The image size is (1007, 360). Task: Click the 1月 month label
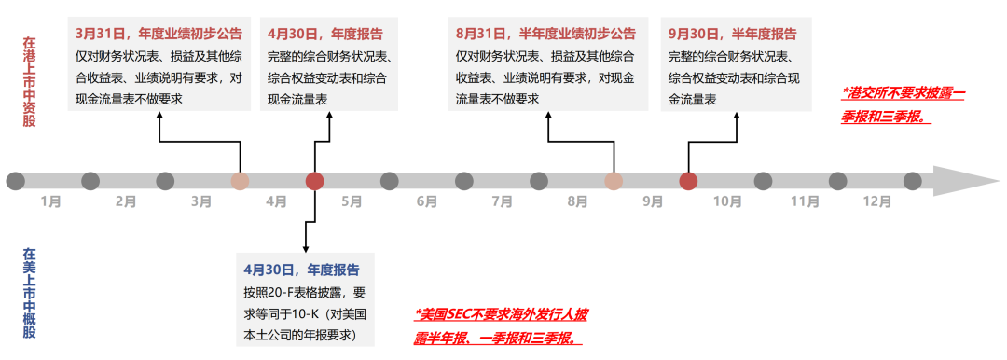click(51, 201)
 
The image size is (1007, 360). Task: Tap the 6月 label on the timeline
click(427, 201)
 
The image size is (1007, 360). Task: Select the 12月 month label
click(876, 201)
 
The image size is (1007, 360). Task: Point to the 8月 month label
click(577, 201)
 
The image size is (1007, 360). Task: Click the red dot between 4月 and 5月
click(315, 181)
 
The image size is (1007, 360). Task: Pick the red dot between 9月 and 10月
click(688, 181)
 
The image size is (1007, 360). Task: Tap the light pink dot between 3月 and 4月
click(240, 181)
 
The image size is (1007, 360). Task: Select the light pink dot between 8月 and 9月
click(614, 181)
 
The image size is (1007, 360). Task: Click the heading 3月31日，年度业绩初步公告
click(159, 34)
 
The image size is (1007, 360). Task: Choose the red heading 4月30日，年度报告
click(324, 34)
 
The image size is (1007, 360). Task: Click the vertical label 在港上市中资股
click(29, 83)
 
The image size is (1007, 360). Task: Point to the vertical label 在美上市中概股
click(29, 291)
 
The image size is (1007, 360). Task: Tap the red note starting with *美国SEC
click(501, 325)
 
